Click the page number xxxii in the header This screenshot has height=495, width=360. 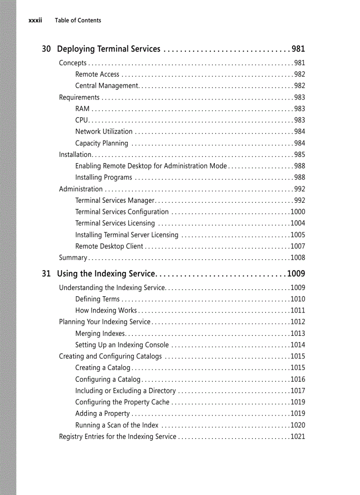tap(35, 20)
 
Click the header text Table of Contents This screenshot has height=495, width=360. tap(78, 20)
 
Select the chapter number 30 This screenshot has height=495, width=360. tap(46, 49)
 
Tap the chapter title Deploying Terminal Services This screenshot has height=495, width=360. tap(109, 49)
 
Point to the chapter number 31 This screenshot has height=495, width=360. tap(46, 274)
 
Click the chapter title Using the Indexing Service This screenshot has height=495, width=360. tap(106, 274)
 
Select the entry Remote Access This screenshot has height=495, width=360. tap(97, 74)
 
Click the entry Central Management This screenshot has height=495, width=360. tap(107, 86)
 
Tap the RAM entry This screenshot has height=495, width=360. tap(82, 109)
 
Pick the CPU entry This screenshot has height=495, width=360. tap(82, 120)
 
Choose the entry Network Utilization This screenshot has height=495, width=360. tap(104, 132)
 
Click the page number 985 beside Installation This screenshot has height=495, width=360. tap(300, 155)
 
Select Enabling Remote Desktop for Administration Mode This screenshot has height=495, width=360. tap(151, 166)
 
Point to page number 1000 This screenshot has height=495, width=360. tap(298, 212)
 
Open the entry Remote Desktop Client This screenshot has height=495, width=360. tap(109, 246)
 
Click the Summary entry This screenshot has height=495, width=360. tap(73, 258)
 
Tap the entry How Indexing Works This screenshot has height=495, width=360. tap(106, 311)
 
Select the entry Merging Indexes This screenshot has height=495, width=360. tap(101, 334)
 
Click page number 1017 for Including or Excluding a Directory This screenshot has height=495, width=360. tap(298, 391)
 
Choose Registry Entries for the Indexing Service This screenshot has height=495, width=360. tap(117, 437)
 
